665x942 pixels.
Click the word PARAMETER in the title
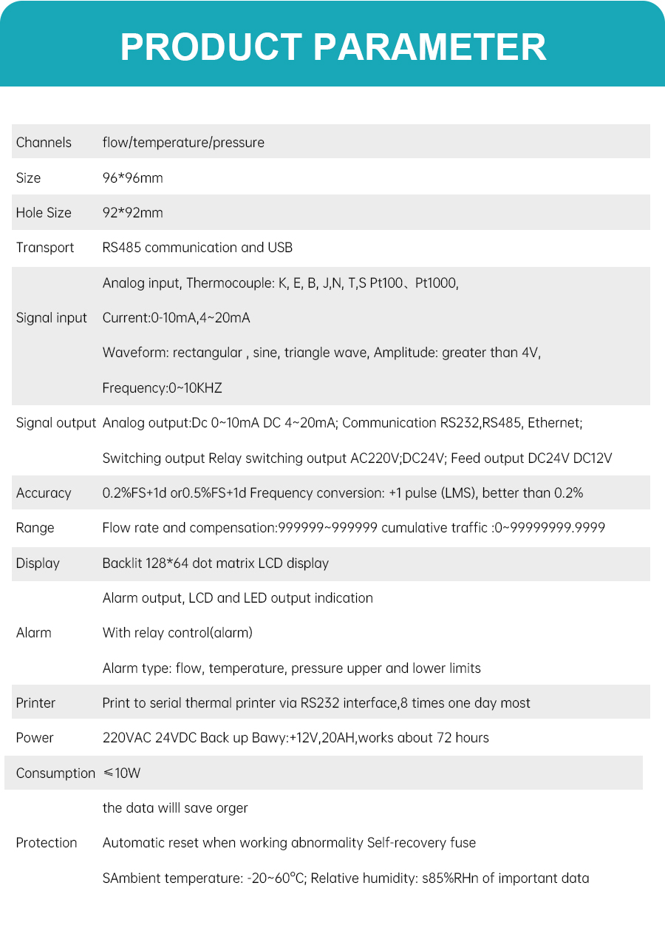(x=429, y=47)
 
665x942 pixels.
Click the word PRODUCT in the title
(x=211, y=47)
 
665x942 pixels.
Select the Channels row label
(x=44, y=143)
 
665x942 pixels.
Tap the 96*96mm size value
(x=132, y=178)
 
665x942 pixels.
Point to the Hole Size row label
(x=44, y=213)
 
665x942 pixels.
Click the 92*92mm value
(x=132, y=213)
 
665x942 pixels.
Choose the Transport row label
(x=45, y=248)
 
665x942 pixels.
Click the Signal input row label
(x=52, y=318)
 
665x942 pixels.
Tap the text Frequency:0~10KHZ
(x=162, y=388)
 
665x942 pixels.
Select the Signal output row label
(x=56, y=423)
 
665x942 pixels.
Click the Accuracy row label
(x=44, y=493)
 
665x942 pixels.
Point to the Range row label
(x=35, y=528)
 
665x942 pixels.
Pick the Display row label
(x=38, y=563)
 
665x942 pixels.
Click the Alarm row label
(x=34, y=633)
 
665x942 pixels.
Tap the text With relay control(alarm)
(x=177, y=633)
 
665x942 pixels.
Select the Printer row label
(x=35, y=703)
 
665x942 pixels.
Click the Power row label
(x=35, y=738)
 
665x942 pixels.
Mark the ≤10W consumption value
(x=122, y=773)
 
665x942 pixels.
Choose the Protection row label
(x=47, y=843)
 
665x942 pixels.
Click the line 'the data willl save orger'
(x=175, y=808)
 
